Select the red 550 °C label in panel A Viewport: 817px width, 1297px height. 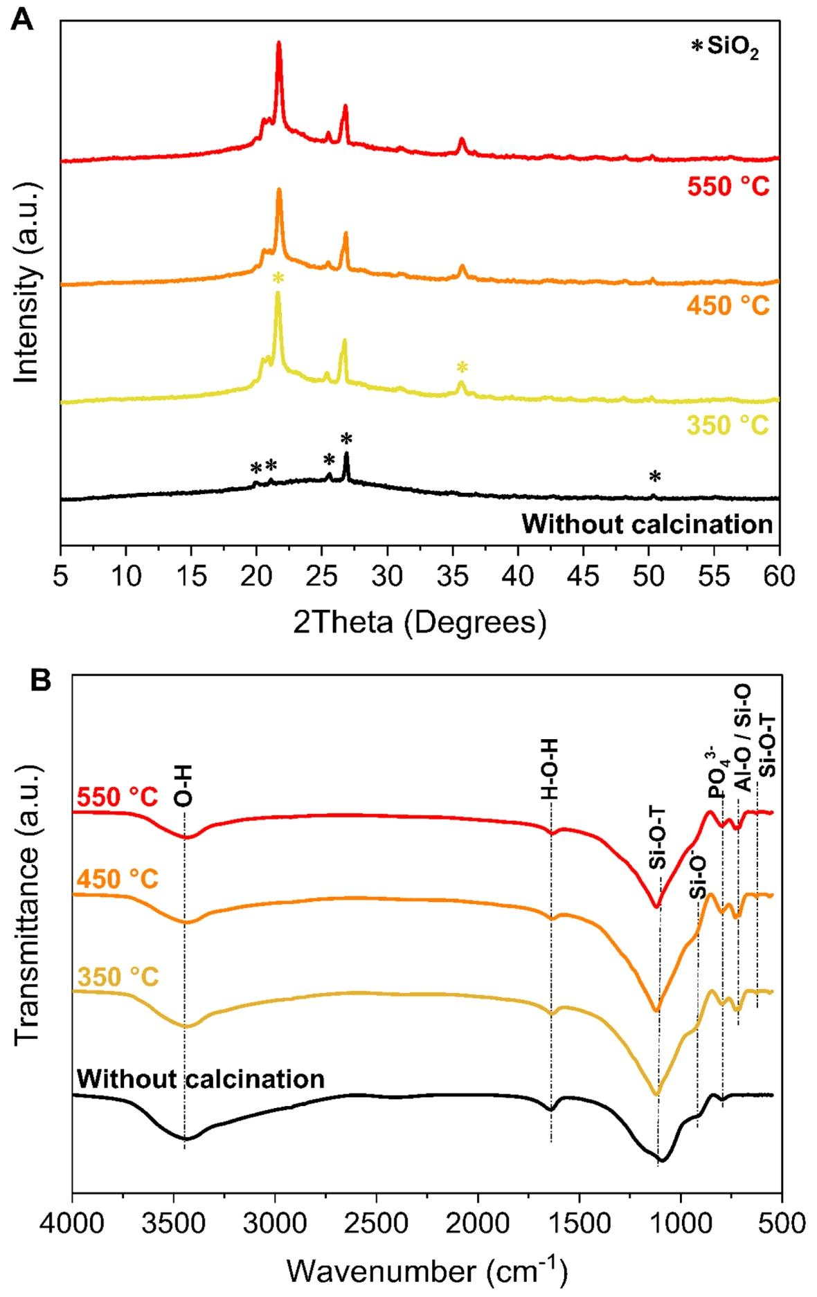728,186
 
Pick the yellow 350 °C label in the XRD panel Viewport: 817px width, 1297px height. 728,426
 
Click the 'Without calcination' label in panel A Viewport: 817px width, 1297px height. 647,524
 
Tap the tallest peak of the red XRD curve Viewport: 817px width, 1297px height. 279,43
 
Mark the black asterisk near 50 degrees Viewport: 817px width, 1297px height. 654,476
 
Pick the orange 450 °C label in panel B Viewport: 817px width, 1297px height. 118,880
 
